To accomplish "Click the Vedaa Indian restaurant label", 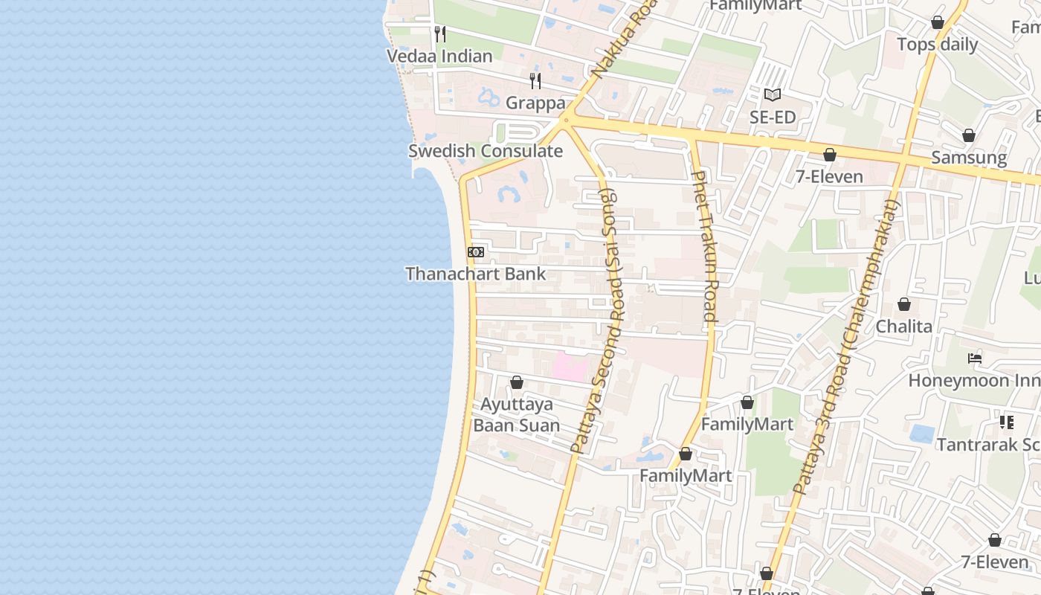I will coord(439,57).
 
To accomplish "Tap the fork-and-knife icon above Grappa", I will coord(535,80).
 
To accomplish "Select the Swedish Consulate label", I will coord(485,151).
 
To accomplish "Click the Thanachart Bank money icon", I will coord(476,252).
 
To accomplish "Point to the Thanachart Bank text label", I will coord(475,274).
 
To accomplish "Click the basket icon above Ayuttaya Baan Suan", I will coord(517,382).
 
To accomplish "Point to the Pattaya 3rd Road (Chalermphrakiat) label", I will coord(845,346).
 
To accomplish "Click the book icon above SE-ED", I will coord(773,95).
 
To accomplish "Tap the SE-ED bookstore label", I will coord(773,118).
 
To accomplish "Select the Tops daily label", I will coord(937,45).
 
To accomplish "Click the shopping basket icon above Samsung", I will coord(969,135).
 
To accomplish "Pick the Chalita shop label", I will coord(903,327).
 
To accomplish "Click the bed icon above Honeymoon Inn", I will coord(975,358).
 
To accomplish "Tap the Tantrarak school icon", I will coord(1007,422).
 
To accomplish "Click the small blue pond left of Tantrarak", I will coord(922,433).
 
